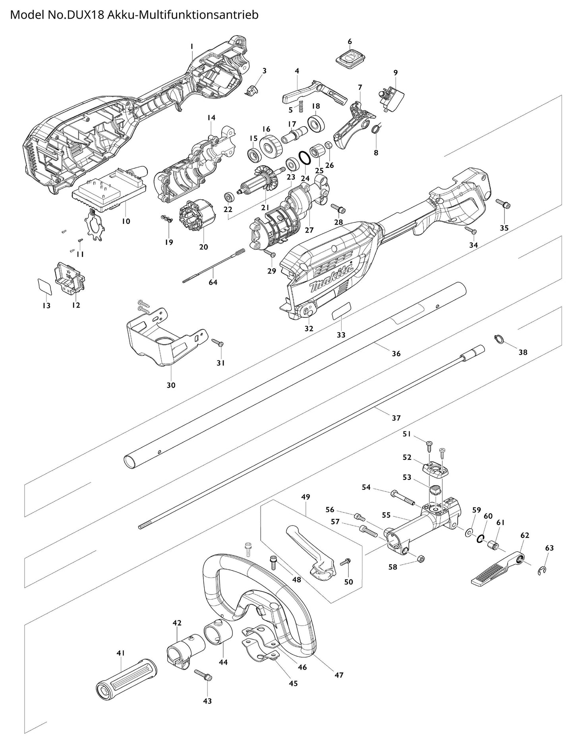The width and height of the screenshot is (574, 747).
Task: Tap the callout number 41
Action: point(121,653)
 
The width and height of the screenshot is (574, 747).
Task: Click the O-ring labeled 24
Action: point(305,158)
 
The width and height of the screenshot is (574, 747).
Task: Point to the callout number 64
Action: point(213,282)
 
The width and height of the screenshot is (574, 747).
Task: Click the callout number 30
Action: point(171,385)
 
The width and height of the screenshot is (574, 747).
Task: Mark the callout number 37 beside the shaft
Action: point(396,418)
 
